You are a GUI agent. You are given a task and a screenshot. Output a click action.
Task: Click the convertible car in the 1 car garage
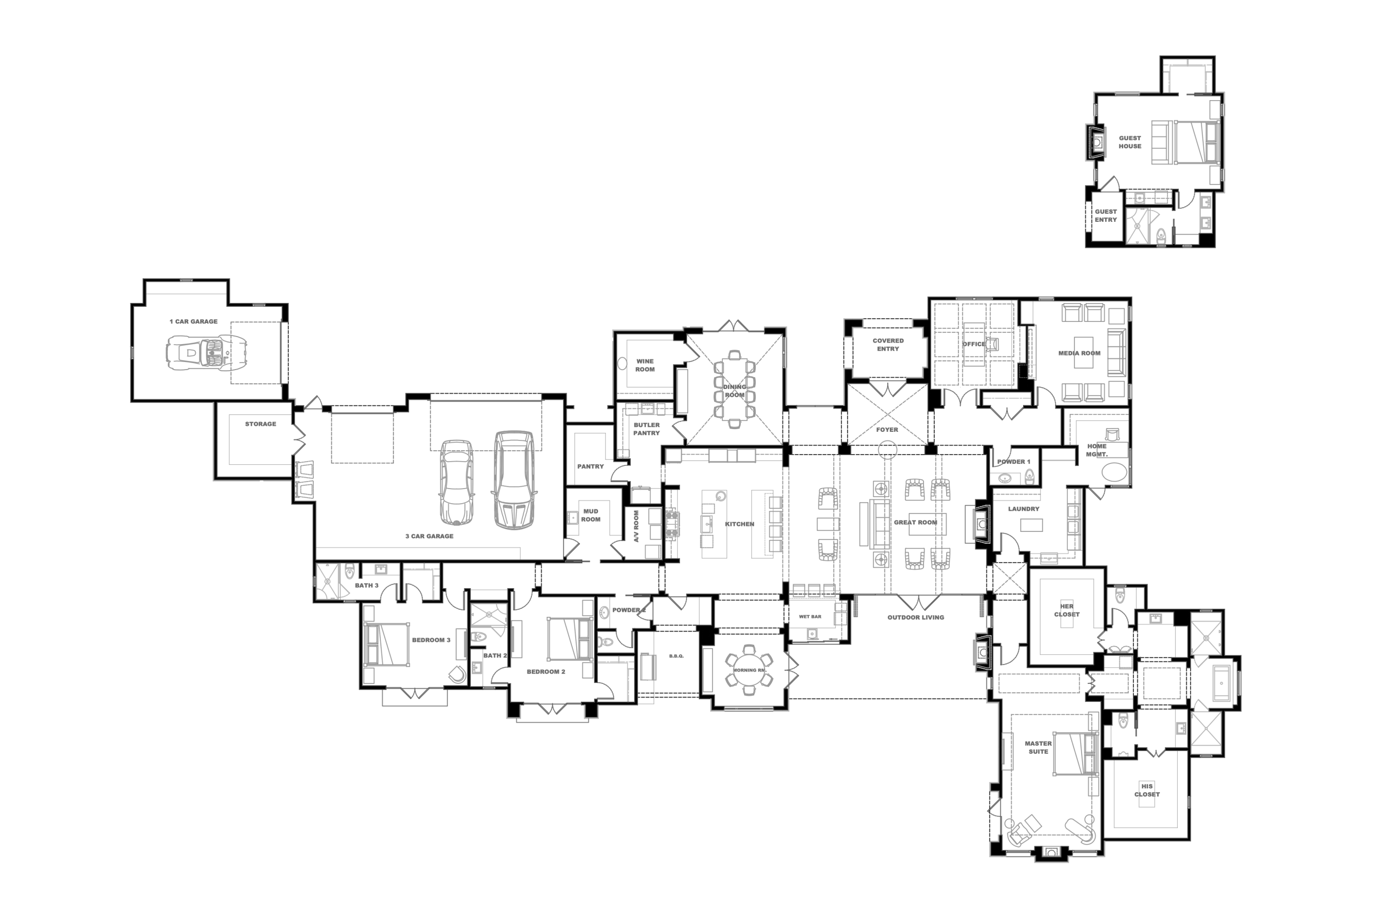(x=203, y=353)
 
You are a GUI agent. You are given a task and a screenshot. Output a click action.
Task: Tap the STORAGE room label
(x=260, y=424)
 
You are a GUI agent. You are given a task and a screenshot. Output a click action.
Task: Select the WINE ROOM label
(x=645, y=365)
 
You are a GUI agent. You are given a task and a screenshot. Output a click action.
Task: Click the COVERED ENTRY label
(x=888, y=345)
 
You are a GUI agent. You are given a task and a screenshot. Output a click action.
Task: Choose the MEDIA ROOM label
(x=1079, y=353)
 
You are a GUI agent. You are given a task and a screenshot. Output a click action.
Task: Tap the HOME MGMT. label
(x=1097, y=450)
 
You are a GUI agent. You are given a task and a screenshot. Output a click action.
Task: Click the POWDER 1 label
(x=1014, y=462)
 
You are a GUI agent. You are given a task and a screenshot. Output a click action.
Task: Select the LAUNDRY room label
(x=1024, y=509)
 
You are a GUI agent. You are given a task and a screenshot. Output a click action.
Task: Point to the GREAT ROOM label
(x=915, y=522)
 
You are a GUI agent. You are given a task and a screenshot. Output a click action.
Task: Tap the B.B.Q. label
(x=676, y=656)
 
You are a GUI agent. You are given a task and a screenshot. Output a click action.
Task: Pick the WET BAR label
(x=810, y=616)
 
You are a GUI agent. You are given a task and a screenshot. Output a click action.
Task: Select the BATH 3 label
(x=367, y=585)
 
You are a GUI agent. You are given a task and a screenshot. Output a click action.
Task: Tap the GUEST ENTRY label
(x=1106, y=215)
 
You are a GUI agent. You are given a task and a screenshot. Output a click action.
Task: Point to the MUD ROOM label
(x=591, y=515)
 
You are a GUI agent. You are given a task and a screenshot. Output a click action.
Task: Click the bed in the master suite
(x=1076, y=754)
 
